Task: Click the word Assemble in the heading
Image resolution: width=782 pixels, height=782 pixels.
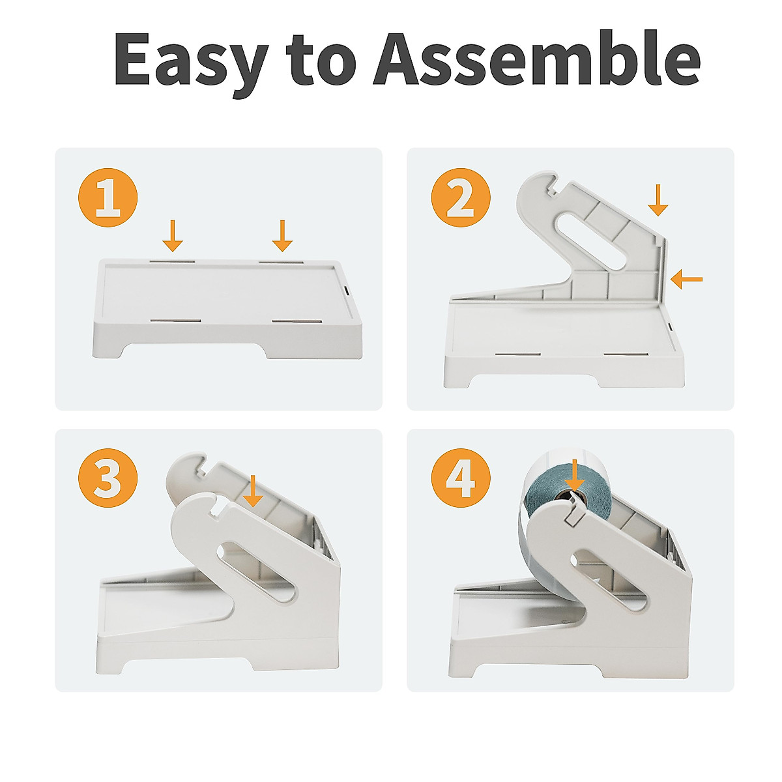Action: point(536,58)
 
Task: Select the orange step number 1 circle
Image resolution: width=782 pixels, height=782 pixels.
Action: point(108,197)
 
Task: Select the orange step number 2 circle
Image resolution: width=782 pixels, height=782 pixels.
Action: point(460,197)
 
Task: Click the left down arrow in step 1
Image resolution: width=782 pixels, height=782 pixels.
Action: point(173,236)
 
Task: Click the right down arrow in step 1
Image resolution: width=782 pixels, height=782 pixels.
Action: point(282,236)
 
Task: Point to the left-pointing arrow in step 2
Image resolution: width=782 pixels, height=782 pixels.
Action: point(686,279)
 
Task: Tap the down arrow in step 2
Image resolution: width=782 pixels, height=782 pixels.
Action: point(658,200)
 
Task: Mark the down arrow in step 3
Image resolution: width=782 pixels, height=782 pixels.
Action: point(252,491)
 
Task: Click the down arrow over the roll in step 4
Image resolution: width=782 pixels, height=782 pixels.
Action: point(575,475)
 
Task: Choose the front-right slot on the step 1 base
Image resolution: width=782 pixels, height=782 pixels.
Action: point(297,321)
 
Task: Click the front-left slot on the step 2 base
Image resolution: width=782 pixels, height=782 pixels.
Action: point(518,354)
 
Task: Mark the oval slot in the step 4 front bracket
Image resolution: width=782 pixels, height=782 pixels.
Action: point(609,581)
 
